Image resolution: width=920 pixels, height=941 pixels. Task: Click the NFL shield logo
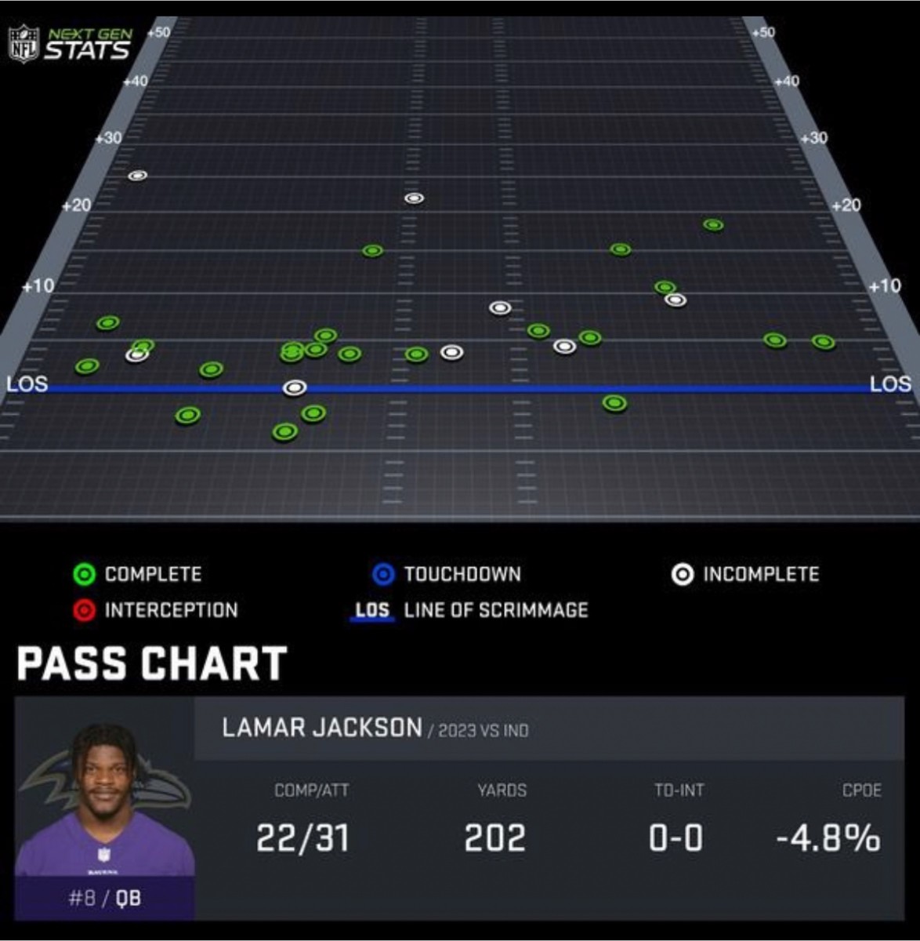(x=23, y=44)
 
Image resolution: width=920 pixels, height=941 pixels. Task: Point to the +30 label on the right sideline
(x=815, y=138)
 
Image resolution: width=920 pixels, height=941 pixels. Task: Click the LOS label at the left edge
(x=27, y=384)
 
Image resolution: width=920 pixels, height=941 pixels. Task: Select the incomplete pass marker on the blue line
(x=294, y=387)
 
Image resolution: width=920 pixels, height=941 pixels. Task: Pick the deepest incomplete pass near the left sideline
(x=138, y=176)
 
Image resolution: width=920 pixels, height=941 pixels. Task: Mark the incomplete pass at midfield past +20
(x=414, y=198)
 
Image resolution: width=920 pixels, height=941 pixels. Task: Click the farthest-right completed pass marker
(x=823, y=342)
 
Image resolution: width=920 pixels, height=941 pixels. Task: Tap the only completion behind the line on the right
(x=614, y=404)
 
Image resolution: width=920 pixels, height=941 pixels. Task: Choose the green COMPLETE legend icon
(x=84, y=575)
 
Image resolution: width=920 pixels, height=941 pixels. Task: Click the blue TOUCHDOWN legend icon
(x=382, y=575)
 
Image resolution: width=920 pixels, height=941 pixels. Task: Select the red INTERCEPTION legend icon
(x=84, y=610)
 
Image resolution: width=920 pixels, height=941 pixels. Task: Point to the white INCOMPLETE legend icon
(x=682, y=575)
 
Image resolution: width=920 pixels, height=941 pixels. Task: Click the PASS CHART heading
(x=152, y=664)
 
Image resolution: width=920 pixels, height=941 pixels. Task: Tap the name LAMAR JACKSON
(x=322, y=728)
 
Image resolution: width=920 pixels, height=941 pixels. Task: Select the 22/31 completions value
(x=302, y=838)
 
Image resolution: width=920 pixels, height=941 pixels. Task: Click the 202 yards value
(x=494, y=838)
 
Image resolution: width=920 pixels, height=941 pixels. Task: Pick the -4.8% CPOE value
(x=828, y=838)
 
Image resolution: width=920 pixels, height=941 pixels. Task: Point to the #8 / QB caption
(x=104, y=898)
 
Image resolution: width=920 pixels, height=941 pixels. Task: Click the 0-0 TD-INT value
(x=676, y=838)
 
